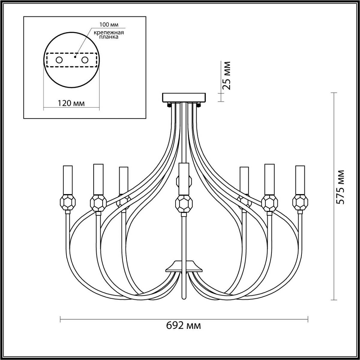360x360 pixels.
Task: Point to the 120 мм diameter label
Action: click(71, 103)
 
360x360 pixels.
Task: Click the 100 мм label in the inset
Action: click(109, 25)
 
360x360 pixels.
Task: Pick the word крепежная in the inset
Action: click(109, 33)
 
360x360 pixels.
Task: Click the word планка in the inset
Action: click(109, 37)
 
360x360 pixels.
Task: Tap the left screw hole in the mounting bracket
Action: click(59, 60)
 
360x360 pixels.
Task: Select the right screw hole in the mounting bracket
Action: click(85, 60)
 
